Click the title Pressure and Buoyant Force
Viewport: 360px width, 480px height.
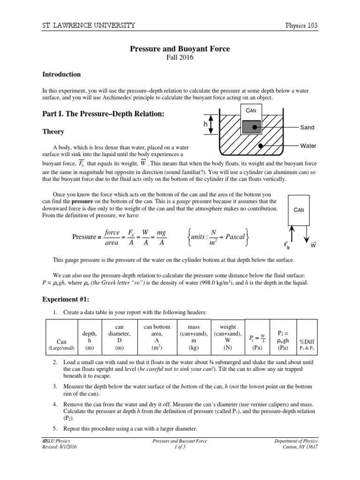[180, 48]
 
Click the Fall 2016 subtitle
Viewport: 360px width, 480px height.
[180, 57]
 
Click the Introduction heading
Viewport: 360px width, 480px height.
[61, 74]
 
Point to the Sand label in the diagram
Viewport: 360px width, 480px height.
[307, 127]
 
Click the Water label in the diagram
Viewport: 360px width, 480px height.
[308, 146]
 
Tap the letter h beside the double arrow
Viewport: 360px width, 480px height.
[205, 125]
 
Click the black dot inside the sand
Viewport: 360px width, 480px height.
[254, 127]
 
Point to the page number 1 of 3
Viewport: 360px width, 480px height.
[180, 447]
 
